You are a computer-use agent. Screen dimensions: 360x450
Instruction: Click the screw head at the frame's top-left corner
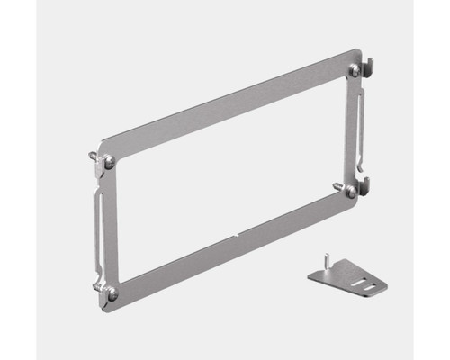click(108, 162)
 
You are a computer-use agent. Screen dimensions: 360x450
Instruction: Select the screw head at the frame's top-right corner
click(354, 68)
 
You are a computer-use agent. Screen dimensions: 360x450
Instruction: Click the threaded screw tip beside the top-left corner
click(94, 156)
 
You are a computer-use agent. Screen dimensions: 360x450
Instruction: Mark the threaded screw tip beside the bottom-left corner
click(96, 287)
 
